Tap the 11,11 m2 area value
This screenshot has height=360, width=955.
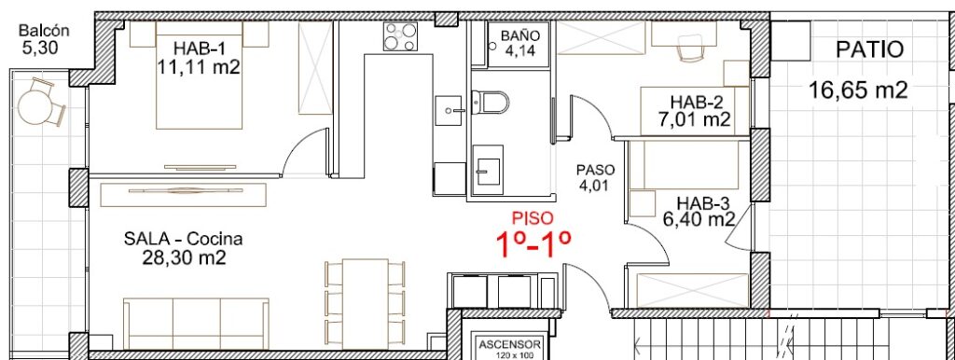(x=199, y=66)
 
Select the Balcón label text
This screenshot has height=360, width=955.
(x=44, y=30)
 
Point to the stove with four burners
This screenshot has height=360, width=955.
(x=400, y=36)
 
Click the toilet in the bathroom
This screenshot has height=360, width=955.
(x=490, y=103)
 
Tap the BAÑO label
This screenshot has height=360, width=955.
(x=519, y=36)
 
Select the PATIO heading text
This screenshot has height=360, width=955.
(x=870, y=50)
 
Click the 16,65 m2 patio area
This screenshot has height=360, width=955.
(x=858, y=90)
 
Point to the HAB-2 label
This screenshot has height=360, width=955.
(x=695, y=101)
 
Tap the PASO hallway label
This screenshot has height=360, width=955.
(x=596, y=170)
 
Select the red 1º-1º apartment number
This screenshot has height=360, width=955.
(x=533, y=245)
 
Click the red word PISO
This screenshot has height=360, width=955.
(x=533, y=217)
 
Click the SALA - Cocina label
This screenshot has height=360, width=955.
(x=183, y=239)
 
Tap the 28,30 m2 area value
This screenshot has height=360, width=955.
(x=184, y=257)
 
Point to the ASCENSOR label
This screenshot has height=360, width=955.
(x=510, y=343)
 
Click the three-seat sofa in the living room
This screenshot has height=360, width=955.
(x=196, y=324)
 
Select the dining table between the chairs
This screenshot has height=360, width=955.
(x=366, y=304)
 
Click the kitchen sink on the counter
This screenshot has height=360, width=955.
(x=450, y=111)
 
